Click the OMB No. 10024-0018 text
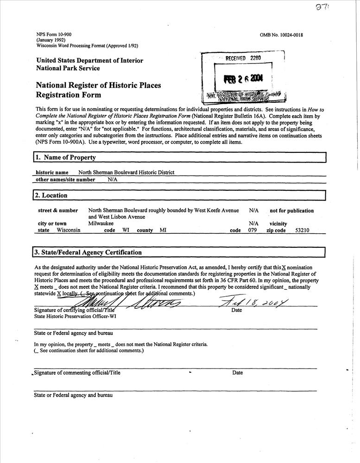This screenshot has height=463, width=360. point(282,35)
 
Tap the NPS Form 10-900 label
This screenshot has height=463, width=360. point(54,35)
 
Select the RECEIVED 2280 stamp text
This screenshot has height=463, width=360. point(243,58)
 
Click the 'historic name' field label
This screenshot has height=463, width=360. point(52,173)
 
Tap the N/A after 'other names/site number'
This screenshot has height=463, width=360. point(112,180)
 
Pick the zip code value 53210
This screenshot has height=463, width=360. point(302,230)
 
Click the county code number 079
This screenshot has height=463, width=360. point(253,230)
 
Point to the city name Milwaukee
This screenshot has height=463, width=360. point(101,224)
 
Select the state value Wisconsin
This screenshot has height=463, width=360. point(69,230)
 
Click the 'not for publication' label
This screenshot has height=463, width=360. point(292,211)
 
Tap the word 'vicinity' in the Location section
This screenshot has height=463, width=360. point(278,224)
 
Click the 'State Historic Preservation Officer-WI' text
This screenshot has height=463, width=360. point(75,317)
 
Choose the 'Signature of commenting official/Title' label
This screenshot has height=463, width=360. point(77,373)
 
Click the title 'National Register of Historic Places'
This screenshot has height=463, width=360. point(99,85)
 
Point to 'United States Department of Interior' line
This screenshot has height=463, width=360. point(89,61)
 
